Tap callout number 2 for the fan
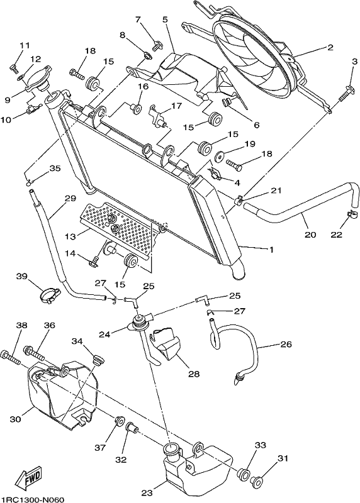330,48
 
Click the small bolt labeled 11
13,67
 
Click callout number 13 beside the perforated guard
70,236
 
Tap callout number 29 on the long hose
70,198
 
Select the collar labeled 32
132,428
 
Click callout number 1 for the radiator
271,250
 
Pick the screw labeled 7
158,46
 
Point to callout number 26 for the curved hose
286,345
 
